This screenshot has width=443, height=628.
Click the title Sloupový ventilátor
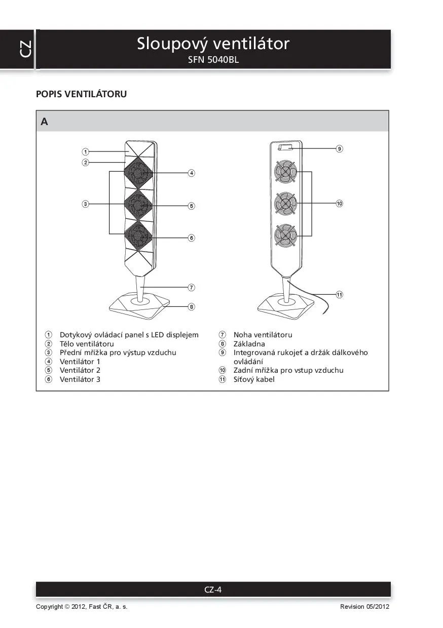[213, 44]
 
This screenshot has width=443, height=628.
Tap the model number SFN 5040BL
[213, 60]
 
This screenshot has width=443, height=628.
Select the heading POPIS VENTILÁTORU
[81, 94]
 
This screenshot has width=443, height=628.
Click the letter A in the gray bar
[45, 122]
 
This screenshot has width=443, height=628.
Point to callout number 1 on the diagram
[86, 151]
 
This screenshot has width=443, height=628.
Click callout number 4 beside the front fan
[191, 173]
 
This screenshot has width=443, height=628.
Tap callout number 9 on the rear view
[339, 149]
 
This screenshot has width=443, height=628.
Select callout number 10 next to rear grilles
[339, 204]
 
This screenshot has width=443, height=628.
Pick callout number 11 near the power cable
[339, 294]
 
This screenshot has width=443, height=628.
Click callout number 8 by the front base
[191, 306]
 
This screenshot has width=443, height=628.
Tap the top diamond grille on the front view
[139, 173]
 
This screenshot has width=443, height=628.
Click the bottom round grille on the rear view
[285, 235]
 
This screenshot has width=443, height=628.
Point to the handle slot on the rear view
[285, 147]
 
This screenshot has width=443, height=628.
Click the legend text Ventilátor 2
[80, 370]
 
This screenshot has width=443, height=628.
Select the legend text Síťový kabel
[254, 379]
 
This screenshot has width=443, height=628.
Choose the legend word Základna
[249, 344]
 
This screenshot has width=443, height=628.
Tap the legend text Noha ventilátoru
[263, 335]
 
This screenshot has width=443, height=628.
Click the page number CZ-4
[213, 590]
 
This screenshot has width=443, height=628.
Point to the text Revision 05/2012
[364, 607]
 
